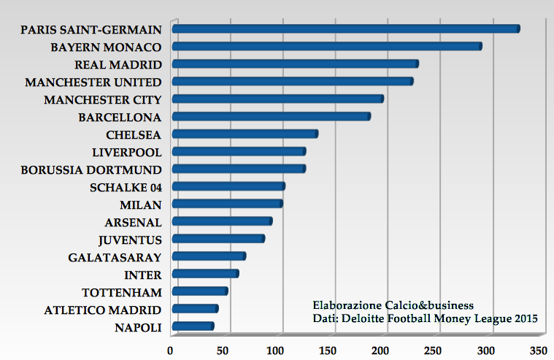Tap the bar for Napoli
pyautogui.click(x=193, y=326)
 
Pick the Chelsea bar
pyautogui.click(x=245, y=134)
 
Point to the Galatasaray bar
pyautogui.click(x=208, y=256)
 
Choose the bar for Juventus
pyautogui.click(x=218, y=239)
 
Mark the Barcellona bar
pyautogui.click(x=271, y=116)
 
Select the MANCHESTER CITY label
pyautogui.click(x=103, y=99)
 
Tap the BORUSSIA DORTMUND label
pyautogui.click(x=91, y=169)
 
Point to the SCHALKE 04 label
pyautogui.click(x=126, y=187)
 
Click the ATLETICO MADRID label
pyautogui.click(x=103, y=310)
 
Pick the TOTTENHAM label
pyautogui.click(x=122, y=292)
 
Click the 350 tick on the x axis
pyautogui.click(x=539, y=350)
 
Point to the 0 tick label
pyautogui.click(x=171, y=350)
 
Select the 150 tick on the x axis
pyautogui.click(x=328, y=350)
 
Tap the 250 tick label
pyautogui.click(x=434, y=350)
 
